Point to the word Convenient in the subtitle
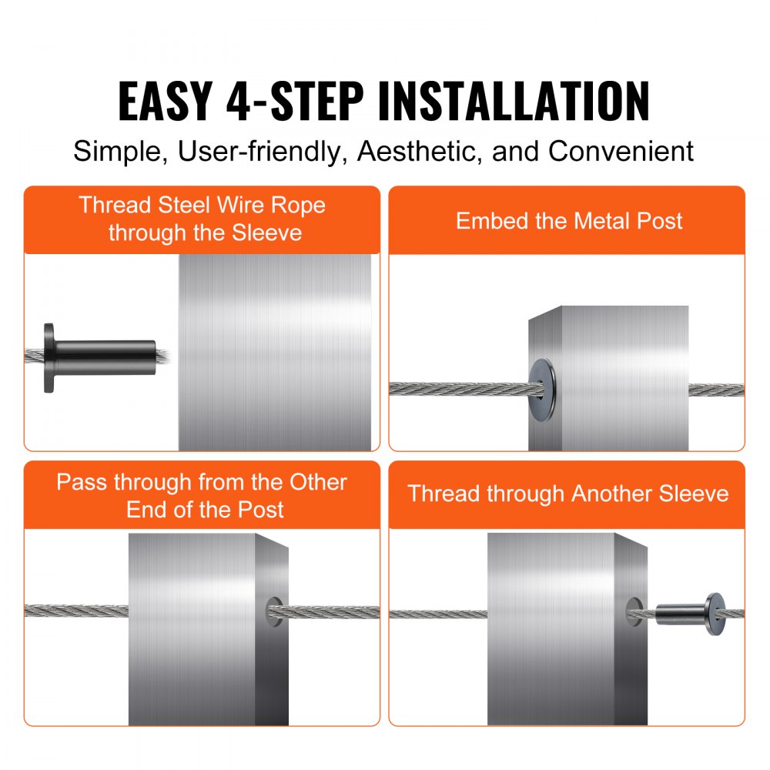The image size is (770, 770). coord(621,151)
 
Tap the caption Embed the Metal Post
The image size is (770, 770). coord(568,221)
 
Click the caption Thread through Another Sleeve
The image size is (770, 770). coord(567,494)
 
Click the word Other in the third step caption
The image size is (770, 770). coord(318,483)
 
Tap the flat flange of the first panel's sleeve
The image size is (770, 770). coord(49,358)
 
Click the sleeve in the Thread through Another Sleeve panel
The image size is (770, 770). coord(681,614)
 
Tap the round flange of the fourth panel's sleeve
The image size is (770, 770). coord(714,614)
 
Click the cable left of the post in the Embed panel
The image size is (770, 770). coord(458,389)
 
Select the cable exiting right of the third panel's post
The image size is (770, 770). coord(331,613)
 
